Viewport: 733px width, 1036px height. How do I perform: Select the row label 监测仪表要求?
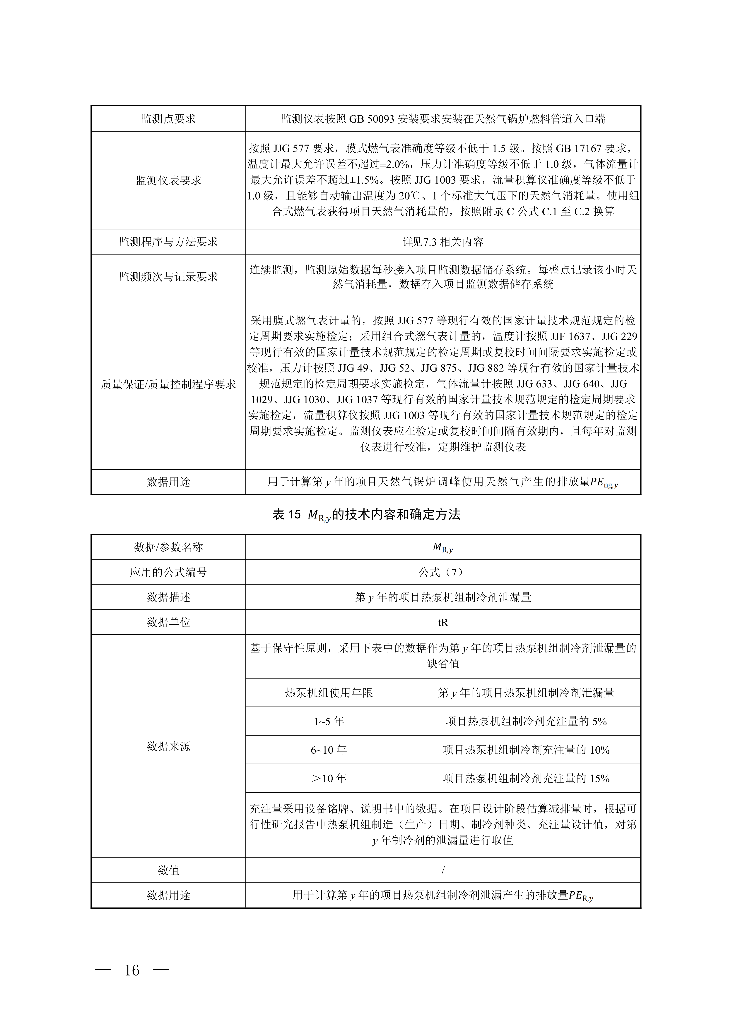[168, 181]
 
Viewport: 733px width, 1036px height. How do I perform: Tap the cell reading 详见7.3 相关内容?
[443, 242]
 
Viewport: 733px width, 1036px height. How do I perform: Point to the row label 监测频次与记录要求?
[168, 277]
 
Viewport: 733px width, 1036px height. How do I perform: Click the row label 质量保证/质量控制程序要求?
[168, 384]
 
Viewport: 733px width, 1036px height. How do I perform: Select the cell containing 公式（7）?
[443, 572]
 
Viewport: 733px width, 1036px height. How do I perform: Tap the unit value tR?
[443, 622]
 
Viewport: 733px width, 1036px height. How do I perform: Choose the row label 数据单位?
[168, 622]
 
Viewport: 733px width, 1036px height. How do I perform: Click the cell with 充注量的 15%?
[526, 778]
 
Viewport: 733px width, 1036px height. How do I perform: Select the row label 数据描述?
[168, 597]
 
